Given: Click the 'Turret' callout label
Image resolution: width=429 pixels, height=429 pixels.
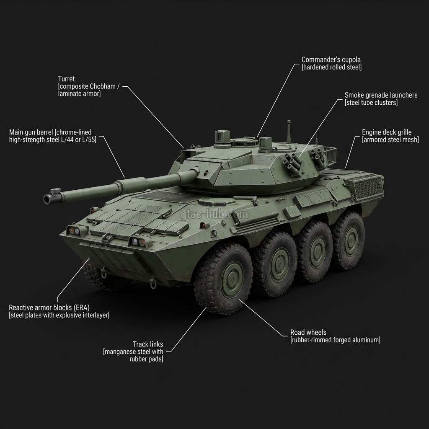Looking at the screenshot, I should click(67, 79).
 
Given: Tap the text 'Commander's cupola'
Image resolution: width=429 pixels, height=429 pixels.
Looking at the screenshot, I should click(331, 59).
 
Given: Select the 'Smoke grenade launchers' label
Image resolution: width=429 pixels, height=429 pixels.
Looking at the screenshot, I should click(381, 95).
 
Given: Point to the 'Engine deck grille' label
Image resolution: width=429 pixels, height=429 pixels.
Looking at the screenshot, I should click(387, 132).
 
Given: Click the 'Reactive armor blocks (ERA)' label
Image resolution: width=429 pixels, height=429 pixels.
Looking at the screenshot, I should click(49, 308).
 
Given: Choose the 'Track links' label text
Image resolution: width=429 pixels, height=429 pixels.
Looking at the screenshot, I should click(148, 344).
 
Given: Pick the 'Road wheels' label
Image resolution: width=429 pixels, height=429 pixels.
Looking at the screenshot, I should click(308, 333).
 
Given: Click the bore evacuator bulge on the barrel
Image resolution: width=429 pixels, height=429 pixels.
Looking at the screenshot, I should click(130, 184).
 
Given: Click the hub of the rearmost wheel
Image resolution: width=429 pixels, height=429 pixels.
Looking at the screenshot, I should click(350, 240).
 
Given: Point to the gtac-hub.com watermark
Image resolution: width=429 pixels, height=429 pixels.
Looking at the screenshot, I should click(214, 215).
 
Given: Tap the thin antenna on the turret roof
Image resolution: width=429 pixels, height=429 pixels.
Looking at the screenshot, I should click(288, 130).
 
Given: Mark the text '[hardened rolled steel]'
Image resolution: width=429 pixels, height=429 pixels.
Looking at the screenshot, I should click(331, 67).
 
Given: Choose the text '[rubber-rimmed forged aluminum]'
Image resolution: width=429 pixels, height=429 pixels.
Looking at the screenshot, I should click(335, 340).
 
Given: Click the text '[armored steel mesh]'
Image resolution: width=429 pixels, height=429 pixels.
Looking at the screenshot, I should click(390, 140).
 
